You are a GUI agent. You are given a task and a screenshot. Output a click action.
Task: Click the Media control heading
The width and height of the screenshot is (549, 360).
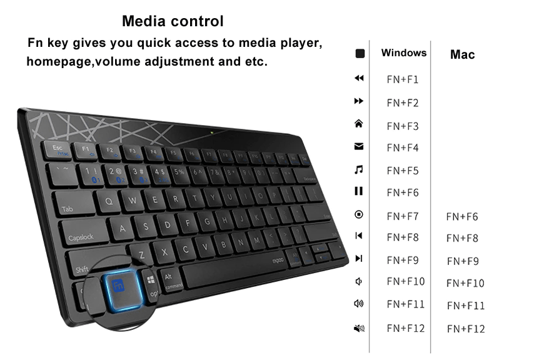click(173, 21)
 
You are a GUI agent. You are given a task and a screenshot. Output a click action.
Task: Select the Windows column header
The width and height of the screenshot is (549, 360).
click(404, 53)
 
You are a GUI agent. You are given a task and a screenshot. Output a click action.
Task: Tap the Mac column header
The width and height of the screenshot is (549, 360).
click(462, 54)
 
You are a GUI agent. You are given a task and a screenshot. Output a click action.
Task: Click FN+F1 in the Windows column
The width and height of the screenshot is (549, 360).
click(403, 79)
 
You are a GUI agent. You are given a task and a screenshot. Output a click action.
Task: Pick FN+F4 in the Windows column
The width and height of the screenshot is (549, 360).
click(403, 148)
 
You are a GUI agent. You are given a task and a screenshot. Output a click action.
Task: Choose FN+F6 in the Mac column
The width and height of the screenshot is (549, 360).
click(462, 217)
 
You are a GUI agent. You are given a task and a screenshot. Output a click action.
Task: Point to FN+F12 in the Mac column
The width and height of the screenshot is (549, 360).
click(466, 329)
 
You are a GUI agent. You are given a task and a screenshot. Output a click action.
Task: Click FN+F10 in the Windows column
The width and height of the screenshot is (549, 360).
click(405, 281)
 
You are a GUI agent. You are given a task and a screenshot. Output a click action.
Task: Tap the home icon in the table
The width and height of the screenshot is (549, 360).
click(359, 124)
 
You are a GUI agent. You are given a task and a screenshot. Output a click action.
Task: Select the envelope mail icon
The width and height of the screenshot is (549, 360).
click(359, 147)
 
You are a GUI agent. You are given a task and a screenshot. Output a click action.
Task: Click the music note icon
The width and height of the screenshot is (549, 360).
click(359, 169)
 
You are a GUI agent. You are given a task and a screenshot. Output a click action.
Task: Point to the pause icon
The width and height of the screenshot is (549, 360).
click(359, 191)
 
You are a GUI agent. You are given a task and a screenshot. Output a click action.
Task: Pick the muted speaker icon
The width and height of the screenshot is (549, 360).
click(359, 328)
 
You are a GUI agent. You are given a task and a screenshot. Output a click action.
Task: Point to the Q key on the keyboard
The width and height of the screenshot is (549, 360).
click(109, 201)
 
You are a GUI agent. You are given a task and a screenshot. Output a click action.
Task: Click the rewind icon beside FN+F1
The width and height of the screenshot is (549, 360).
click(359, 78)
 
